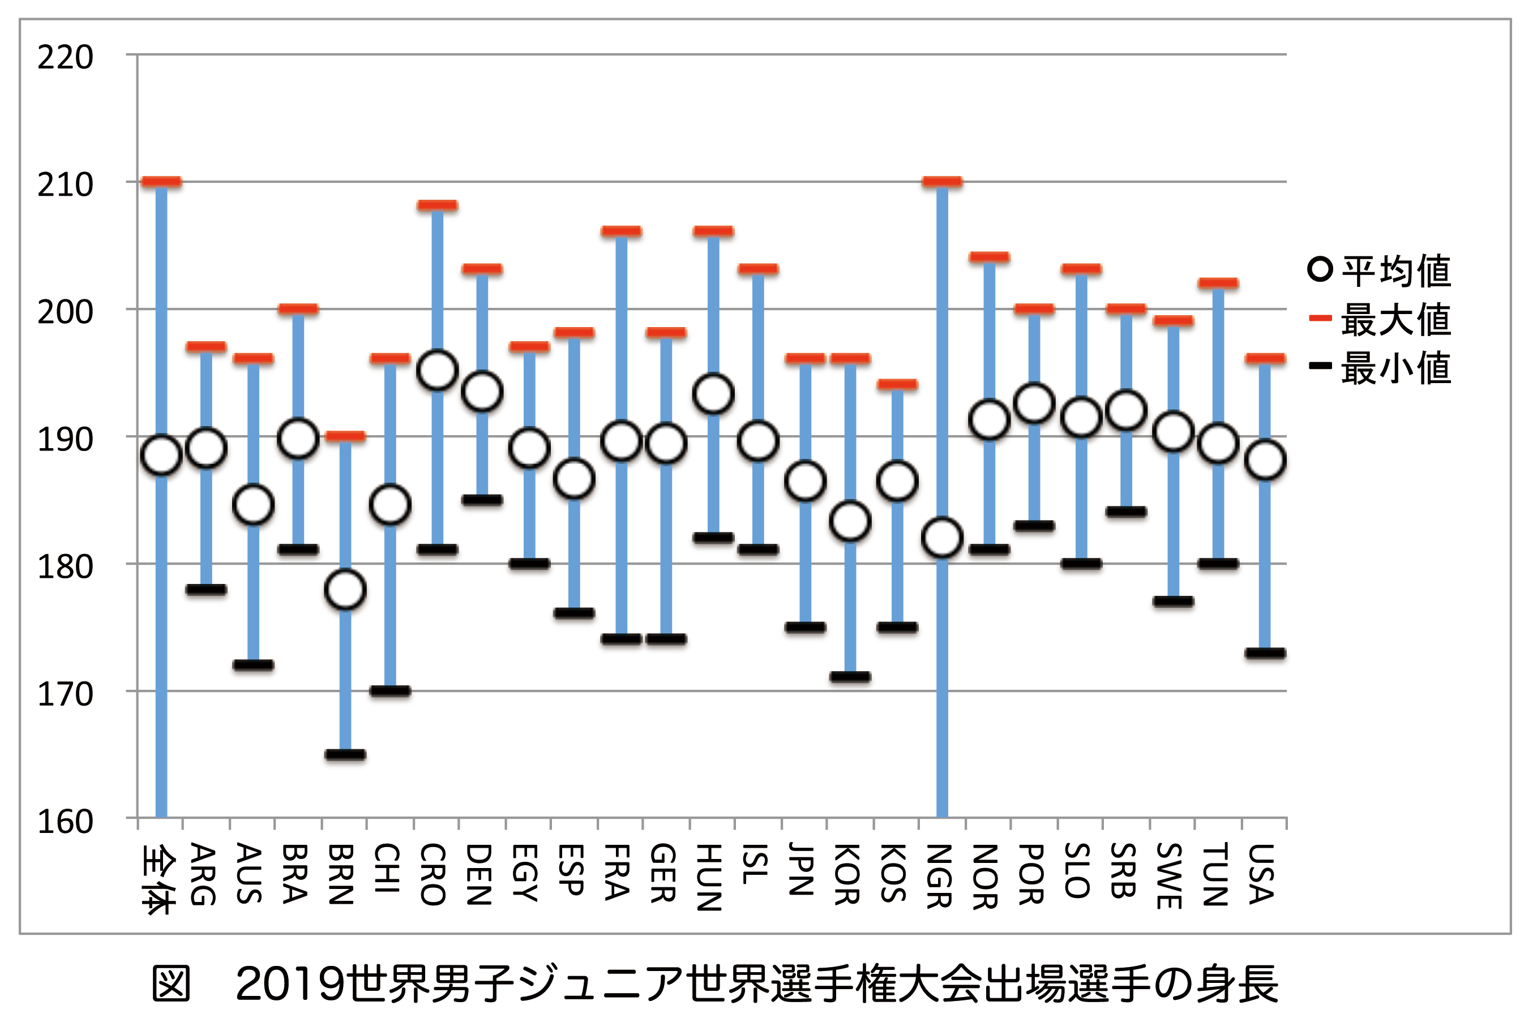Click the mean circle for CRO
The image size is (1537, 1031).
438,371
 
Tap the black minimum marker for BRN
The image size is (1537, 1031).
345,754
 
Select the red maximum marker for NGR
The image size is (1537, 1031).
942,182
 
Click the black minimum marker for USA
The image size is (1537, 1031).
1265,653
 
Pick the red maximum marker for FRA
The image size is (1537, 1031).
621,231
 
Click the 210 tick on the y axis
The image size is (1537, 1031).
65,186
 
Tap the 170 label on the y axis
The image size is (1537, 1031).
65,694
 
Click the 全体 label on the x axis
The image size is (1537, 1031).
159,880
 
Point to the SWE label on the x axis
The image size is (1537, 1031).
1171,876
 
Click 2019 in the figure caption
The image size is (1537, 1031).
289,984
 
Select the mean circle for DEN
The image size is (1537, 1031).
482,393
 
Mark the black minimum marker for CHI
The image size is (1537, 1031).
390,691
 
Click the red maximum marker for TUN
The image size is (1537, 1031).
1218,283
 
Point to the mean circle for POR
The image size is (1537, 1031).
1034,403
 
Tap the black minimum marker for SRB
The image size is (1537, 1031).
1126,512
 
